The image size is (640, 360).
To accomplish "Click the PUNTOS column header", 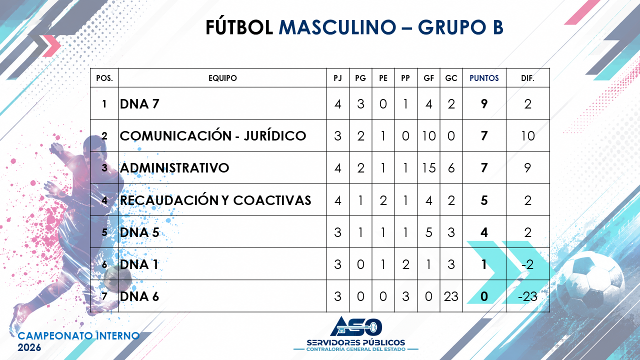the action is [x=484, y=78].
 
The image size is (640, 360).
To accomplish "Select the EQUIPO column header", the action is [x=222, y=78].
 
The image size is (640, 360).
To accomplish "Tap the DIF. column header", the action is [x=527, y=78].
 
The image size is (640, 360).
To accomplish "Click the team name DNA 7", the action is [x=139, y=103].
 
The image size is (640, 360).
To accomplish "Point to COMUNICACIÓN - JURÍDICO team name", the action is [x=213, y=135].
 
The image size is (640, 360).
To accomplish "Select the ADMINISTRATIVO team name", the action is [x=174, y=167].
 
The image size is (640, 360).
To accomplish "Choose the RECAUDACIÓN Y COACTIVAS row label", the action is [x=215, y=200].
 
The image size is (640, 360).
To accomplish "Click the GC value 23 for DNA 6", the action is [x=451, y=296].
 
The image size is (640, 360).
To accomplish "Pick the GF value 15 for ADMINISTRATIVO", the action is [x=428, y=167].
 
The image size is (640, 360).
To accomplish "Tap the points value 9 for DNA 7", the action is [x=484, y=103].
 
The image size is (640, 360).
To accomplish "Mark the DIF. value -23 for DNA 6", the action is [x=527, y=296].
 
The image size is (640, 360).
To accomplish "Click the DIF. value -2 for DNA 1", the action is [x=527, y=264].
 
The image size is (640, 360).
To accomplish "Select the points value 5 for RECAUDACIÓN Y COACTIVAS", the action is [x=484, y=200].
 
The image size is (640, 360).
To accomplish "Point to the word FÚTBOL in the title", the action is [x=239, y=27].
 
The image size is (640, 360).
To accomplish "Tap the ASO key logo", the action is [x=356, y=326].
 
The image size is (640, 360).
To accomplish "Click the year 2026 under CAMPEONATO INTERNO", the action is [x=29, y=347].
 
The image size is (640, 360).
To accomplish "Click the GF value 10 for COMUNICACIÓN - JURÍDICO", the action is [x=428, y=135].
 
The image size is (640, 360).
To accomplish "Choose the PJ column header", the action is [x=337, y=78].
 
